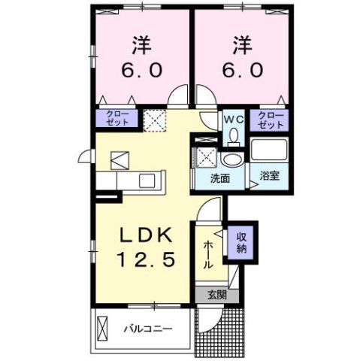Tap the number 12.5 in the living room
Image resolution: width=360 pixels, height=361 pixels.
coord(147,260)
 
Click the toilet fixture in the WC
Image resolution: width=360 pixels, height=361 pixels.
coord(233,135)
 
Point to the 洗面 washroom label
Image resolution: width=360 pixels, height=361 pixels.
coord(219,180)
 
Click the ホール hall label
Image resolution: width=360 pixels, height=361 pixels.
coord(207,254)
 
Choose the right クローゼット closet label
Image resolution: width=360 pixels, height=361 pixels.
coord(271,120)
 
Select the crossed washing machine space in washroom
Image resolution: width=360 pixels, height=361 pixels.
coord(205,157)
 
